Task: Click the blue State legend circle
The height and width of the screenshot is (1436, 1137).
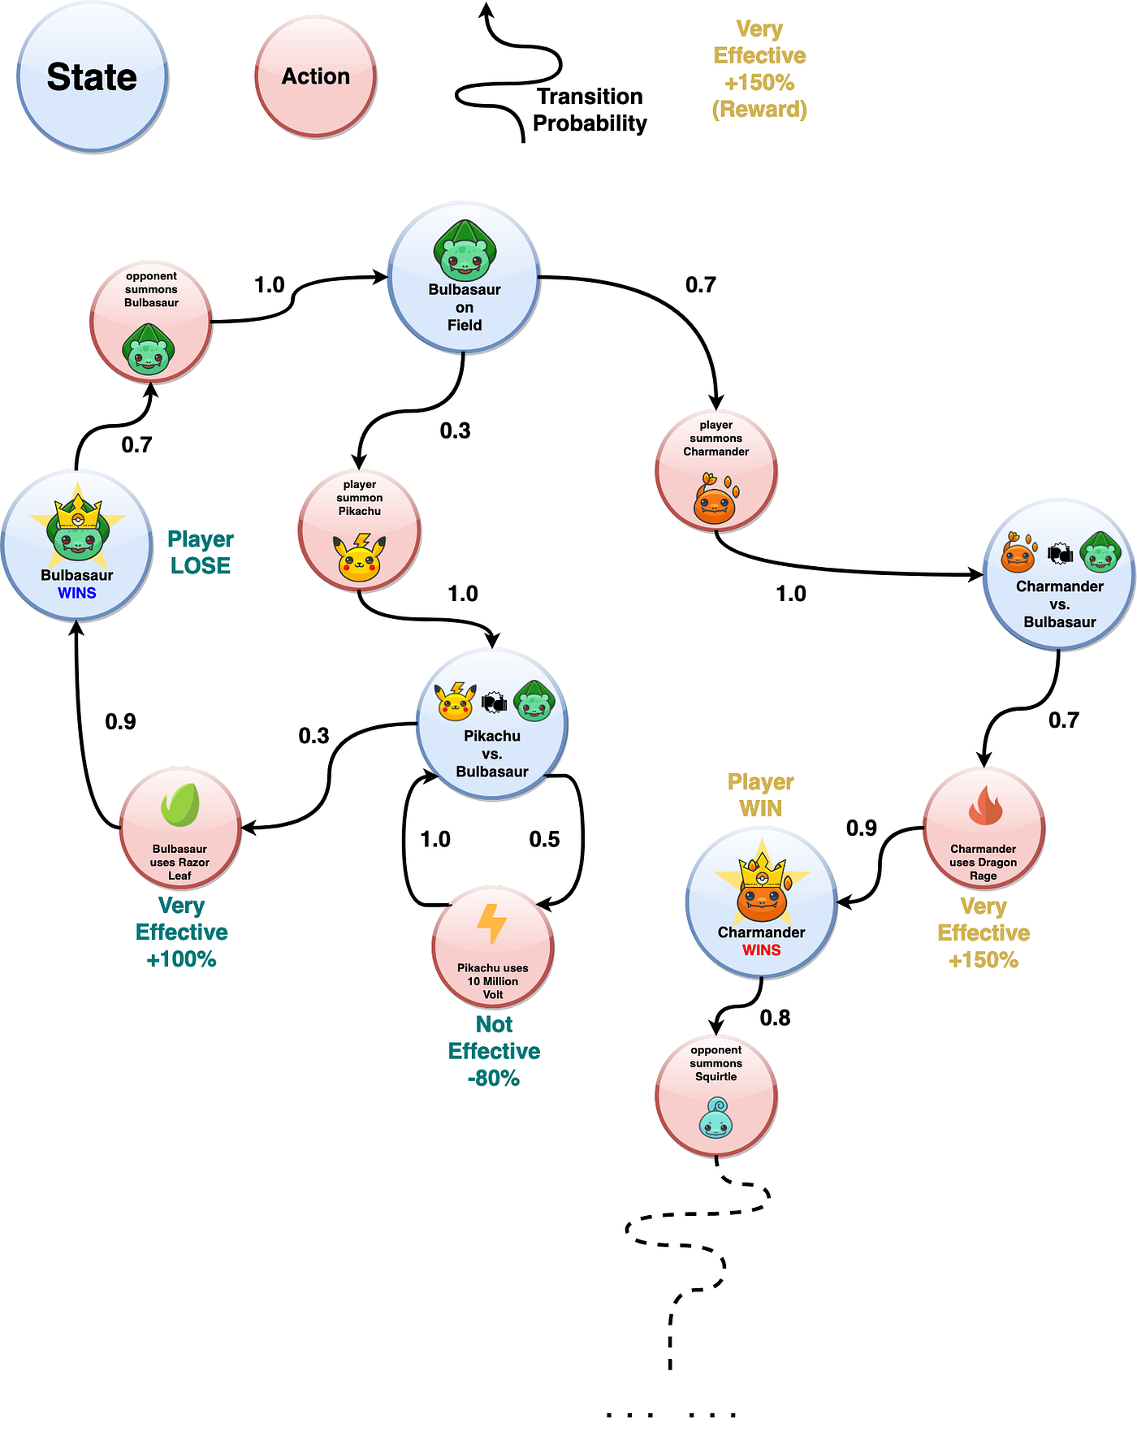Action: [x=92, y=76]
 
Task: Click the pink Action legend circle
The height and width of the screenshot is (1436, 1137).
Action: [x=316, y=76]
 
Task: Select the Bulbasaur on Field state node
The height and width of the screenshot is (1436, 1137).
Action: [x=464, y=277]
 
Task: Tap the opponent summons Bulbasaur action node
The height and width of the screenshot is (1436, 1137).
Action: [x=151, y=322]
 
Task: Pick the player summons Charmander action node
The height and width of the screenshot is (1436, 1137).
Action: [x=716, y=470]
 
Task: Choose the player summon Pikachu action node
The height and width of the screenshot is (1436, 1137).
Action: [x=360, y=530]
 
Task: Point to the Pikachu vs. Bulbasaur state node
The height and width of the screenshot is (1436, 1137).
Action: [x=492, y=724]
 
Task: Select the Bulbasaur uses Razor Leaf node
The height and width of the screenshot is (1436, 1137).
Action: [x=180, y=828]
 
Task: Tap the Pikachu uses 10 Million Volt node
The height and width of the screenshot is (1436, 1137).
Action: [x=493, y=948]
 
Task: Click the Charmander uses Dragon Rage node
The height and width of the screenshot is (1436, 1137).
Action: [x=984, y=828]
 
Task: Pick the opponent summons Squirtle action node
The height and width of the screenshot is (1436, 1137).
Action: [x=716, y=1096]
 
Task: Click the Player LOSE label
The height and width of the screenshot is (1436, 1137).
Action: [x=201, y=552]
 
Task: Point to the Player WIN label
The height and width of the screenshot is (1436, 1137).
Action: [x=761, y=795]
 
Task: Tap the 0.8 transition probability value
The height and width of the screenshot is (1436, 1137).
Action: [x=775, y=1018]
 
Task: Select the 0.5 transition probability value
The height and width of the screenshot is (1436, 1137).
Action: [x=544, y=839]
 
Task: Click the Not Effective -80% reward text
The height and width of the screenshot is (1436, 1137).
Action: [x=494, y=1051]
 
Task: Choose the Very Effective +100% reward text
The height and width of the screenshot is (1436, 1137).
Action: [x=181, y=932]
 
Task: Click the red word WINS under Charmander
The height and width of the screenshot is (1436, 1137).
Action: [x=761, y=950]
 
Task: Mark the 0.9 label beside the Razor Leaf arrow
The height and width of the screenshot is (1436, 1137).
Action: [x=120, y=722]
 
